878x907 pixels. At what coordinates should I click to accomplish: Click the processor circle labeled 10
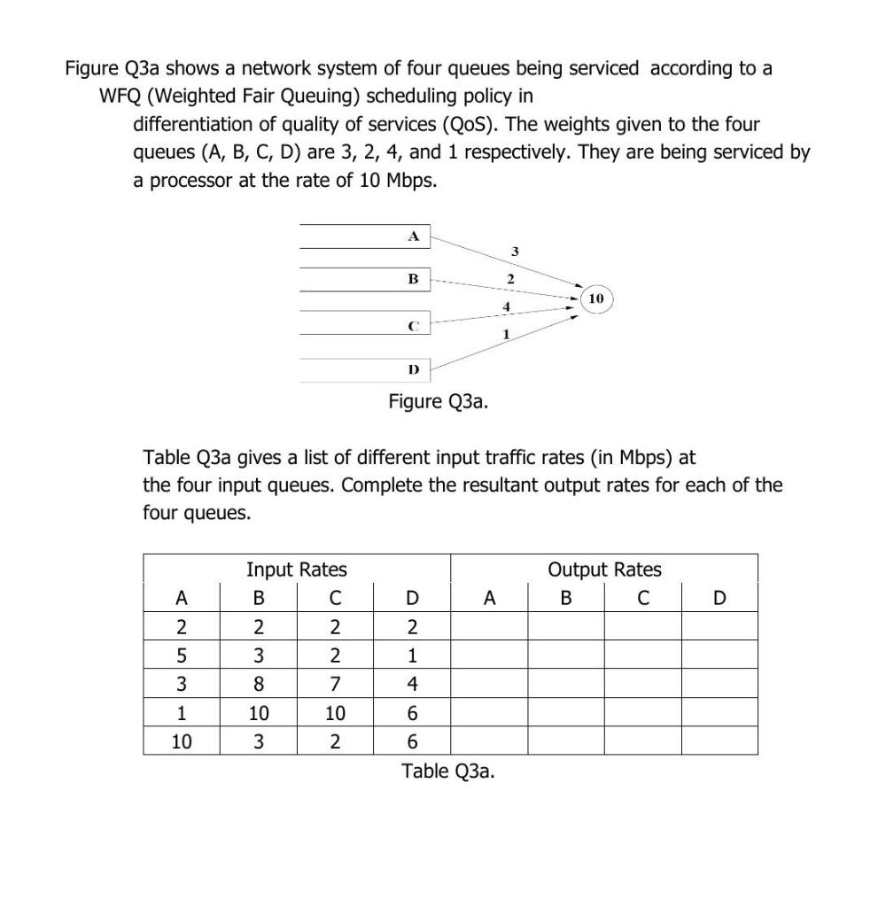pos(595,298)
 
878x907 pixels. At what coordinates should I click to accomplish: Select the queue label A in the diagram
pos(412,236)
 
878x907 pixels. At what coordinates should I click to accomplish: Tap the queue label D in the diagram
pos(412,368)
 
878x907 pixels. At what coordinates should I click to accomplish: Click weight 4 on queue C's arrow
pos(506,306)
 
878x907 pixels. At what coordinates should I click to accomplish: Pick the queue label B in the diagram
pos(412,279)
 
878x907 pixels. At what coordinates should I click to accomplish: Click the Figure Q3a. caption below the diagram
pos(438,402)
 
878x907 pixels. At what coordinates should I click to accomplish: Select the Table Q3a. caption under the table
pos(448,771)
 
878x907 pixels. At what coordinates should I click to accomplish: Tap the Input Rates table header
pos(296,569)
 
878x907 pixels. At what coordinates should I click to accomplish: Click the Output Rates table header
pos(604,569)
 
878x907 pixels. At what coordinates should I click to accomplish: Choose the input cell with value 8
pos(258,683)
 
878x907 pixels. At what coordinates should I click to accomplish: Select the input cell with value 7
pos(335,683)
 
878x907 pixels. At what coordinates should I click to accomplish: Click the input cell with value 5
pos(182,655)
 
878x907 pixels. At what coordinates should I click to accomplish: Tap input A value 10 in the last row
pos(182,740)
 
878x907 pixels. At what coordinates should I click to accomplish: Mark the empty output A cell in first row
pos(490,626)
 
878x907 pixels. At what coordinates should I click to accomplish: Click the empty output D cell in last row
pos(719,740)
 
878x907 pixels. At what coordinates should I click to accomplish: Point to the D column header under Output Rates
pos(719,598)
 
